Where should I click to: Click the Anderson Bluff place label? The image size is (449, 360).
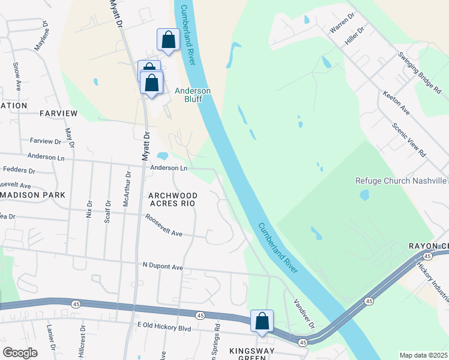coord(192,95)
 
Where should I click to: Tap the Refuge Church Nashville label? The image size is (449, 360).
coord(402,181)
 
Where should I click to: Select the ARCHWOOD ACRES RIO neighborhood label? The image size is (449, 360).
coord(172,199)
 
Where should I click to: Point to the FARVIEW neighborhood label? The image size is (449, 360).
coord(58,113)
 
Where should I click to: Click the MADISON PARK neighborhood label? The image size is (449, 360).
coord(32,196)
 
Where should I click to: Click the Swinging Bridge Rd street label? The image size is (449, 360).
coord(420,72)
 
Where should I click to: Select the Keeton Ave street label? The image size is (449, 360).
coord(396,103)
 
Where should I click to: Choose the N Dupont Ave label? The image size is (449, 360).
coord(162,266)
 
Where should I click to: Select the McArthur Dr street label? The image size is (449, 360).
coord(127,190)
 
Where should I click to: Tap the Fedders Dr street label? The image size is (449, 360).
coord(19,170)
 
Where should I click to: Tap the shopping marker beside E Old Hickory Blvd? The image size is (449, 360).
coord(262,321)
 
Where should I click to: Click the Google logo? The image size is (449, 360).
coord(20,353)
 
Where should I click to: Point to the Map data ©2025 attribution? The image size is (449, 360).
coord(423,355)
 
